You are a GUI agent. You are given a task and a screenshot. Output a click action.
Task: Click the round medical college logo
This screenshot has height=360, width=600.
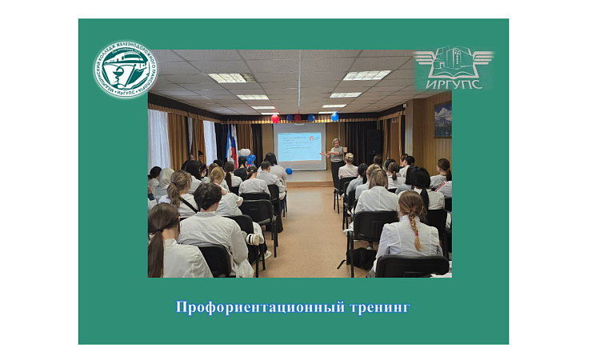[125, 69]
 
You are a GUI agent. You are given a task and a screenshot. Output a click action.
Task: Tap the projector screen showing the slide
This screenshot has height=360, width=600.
[299, 146]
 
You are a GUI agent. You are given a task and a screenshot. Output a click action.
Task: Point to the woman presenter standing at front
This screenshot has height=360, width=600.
[335, 158]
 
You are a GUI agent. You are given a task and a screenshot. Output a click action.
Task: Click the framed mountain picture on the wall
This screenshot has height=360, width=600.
[442, 120]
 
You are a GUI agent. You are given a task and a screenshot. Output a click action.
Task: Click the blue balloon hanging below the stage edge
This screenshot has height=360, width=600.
[289, 170]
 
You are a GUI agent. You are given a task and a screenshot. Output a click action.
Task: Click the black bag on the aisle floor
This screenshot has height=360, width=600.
[362, 257]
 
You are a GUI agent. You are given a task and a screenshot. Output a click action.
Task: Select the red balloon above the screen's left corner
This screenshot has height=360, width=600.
[275, 118]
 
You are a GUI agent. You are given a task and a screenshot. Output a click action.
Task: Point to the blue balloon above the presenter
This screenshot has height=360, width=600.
[334, 117]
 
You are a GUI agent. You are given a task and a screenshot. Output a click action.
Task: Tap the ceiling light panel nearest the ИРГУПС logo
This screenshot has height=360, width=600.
[367, 75]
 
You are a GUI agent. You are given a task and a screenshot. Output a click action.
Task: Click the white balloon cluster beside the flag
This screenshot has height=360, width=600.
[245, 152]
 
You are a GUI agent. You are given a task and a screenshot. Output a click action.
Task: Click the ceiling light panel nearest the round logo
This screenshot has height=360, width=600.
[228, 78]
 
